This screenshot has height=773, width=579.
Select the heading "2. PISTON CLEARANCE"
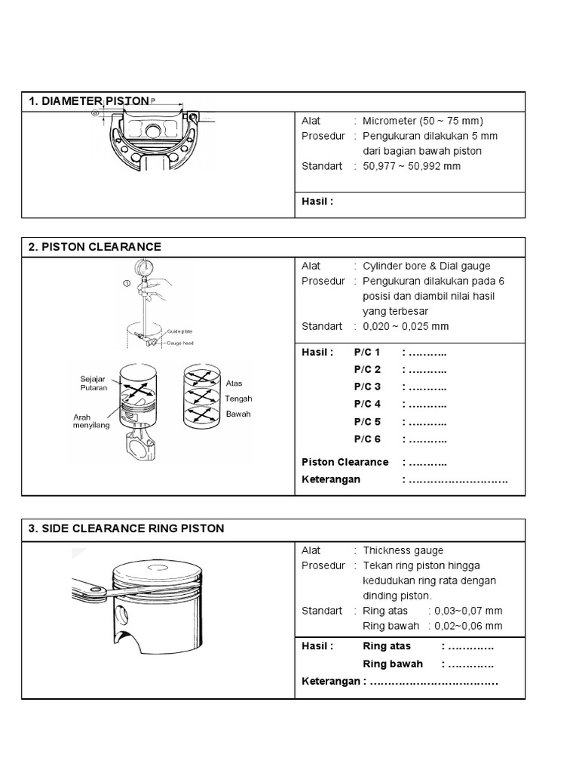pyautogui.click(x=94, y=247)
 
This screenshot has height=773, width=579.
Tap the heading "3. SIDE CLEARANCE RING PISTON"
pyautogui.click(x=126, y=528)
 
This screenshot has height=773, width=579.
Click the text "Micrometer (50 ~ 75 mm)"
pyautogui.click(x=422, y=121)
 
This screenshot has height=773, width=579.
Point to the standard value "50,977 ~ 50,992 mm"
pyautogui.click(x=411, y=166)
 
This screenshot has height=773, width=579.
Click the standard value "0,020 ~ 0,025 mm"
pyautogui.click(x=406, y=326)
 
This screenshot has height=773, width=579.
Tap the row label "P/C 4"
pyautogui.click(x=367, y=404)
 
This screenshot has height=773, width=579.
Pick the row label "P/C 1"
pyautogui.click(x=367, y=352)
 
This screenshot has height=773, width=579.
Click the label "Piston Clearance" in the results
pyautogui.click(x=345, y=461)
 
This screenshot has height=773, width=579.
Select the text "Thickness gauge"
pyautogui.click(x=403, y=551)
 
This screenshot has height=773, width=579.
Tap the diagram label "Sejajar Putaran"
pyautogui.click(x=93, y=383)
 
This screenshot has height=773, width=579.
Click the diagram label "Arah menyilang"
pyautogui.click(x=91, y=421)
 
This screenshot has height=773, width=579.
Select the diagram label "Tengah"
pyautogui.click(x=238, y=399)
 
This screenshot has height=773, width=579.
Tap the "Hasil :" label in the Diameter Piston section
pyautogui.click(x=317, y=202)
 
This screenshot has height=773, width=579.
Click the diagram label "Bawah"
pyautogui.click(x=237, y=414)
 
